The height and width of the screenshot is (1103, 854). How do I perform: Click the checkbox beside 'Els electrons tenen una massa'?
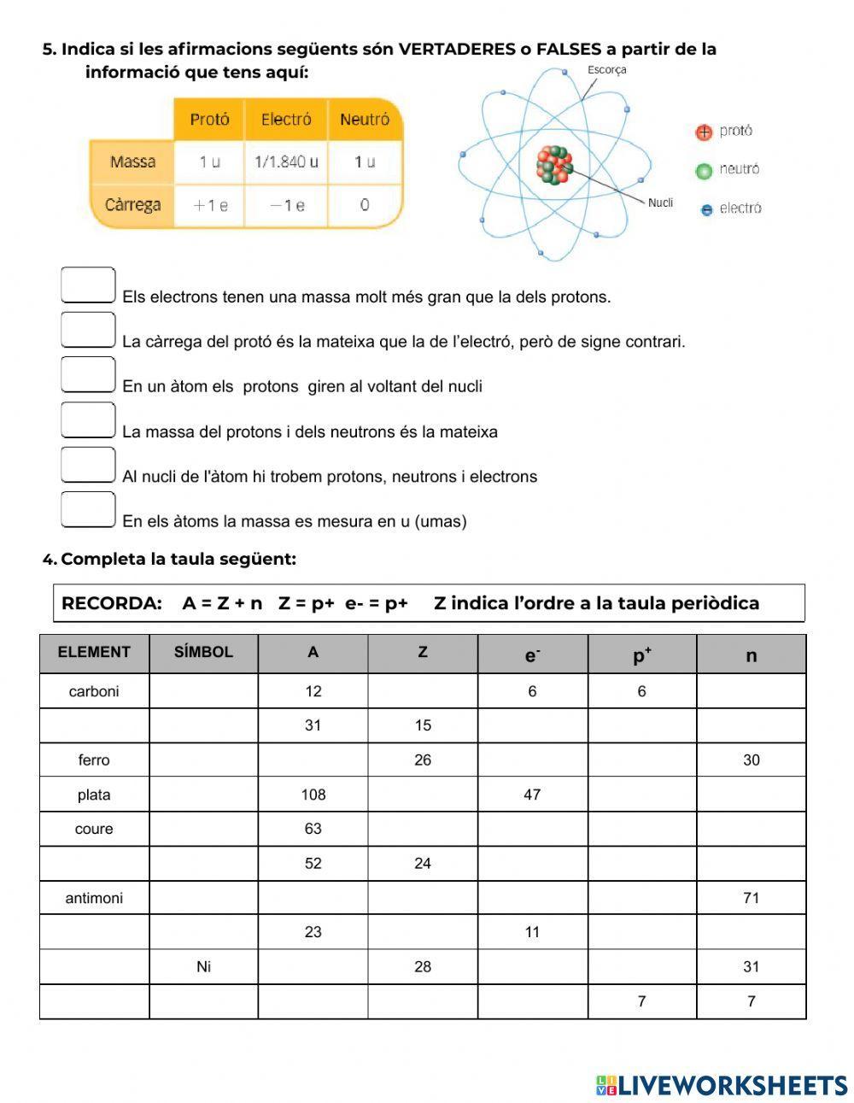(x=88, y=285)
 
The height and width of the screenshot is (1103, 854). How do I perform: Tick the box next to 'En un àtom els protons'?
(x=88, y=374)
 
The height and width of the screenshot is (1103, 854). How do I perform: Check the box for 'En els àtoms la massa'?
(x=88, y=509)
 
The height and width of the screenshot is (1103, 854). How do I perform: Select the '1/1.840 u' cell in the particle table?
(x=286, y=161)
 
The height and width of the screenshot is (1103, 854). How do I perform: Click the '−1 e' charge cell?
(x=286, y=205)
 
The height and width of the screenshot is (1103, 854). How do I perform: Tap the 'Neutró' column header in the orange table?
(x=365, y=120)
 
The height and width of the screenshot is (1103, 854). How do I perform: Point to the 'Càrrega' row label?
(x=132, y=205)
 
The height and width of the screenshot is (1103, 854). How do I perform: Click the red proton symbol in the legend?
(x=704, y=132)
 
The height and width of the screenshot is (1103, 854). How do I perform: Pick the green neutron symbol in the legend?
(x=704, y=170)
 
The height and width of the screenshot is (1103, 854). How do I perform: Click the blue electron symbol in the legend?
(x=706, y=209)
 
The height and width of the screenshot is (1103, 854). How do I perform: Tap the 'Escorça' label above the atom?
(x=606, y=70)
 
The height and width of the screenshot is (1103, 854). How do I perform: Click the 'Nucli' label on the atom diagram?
(x=660, y=202)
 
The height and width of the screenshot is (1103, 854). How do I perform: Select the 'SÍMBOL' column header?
(x=203, y=653)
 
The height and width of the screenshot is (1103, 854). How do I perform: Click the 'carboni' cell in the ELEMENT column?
(x=94, y=691)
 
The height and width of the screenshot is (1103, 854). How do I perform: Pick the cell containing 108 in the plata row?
(x=313, y=795)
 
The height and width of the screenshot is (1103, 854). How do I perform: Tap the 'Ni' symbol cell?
(x=203, y=967)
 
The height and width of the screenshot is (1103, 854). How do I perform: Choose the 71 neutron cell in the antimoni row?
(x=751, y=898)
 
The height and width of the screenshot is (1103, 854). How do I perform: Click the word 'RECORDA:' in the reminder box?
(x=112, y=603)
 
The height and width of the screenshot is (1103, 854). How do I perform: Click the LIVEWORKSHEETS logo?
(x=722, y=1085)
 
